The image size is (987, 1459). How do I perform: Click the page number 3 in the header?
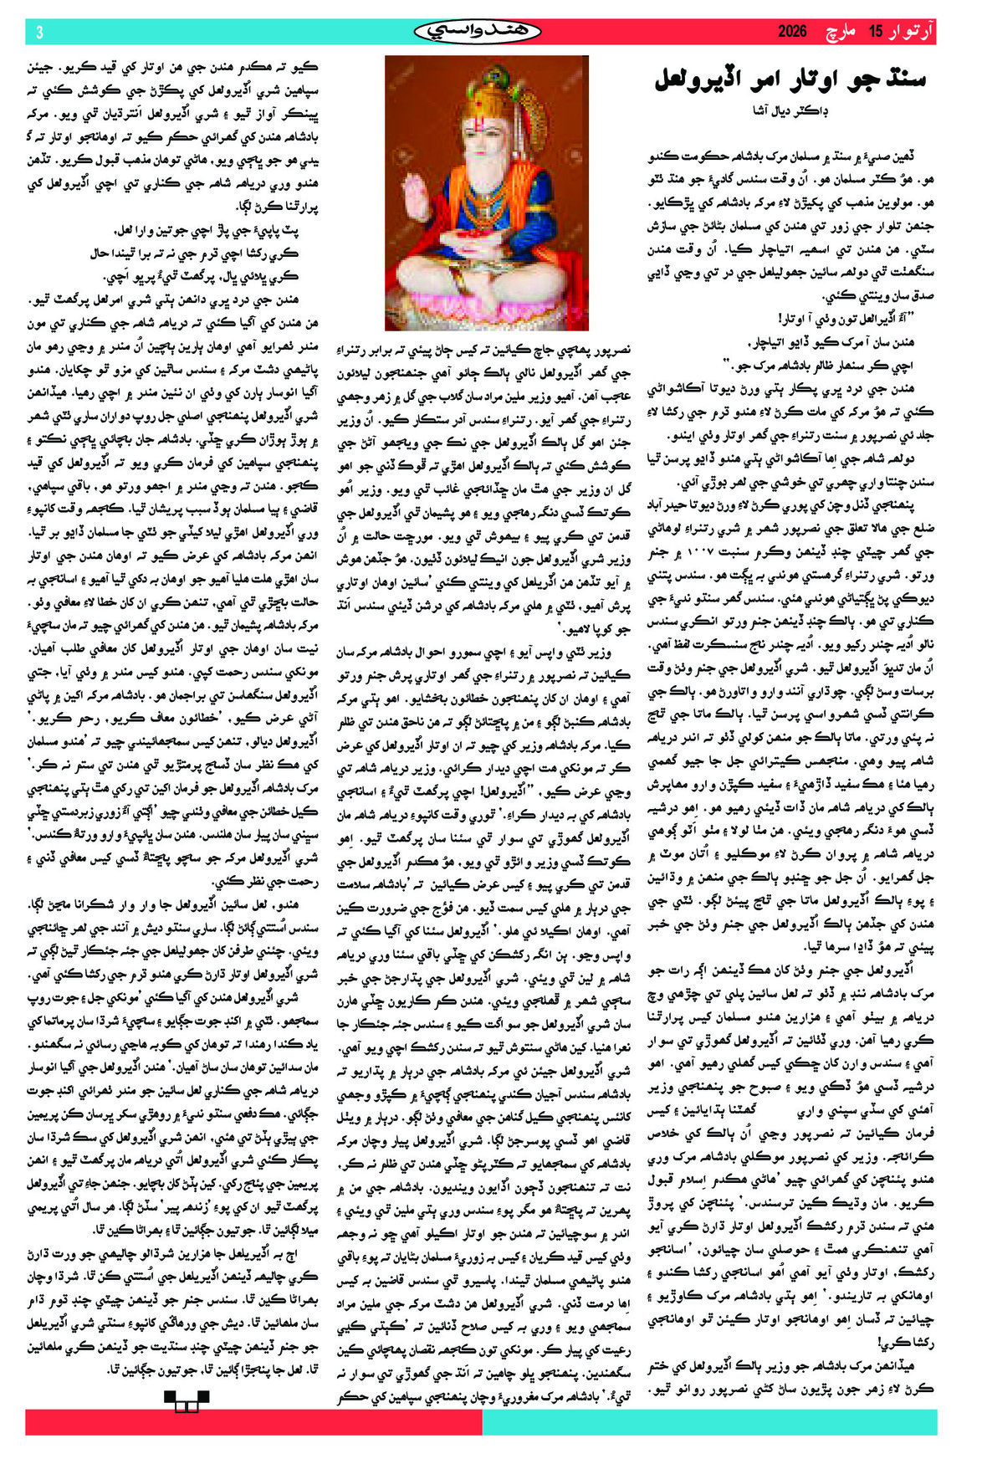point(39,32)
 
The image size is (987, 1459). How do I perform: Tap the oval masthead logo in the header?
point(478,32)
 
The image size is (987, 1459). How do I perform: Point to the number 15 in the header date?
point(875,32)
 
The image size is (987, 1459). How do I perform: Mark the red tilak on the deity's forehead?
point(481,123)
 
